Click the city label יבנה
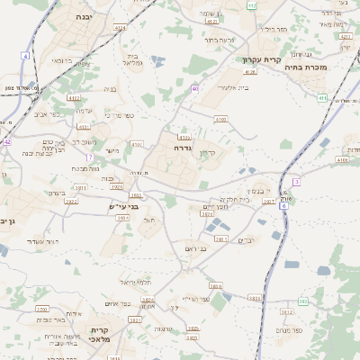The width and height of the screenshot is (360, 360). click(x=83, y=16)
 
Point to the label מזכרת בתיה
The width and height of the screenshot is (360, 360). click(x=329, y=67)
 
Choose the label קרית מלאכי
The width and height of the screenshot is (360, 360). click(x=99, y=336)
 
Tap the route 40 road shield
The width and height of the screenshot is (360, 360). click(x=195, y=88)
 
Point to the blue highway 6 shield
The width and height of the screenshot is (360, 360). click(x=284, y=206)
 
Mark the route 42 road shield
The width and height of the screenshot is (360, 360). click(x=6, y=141)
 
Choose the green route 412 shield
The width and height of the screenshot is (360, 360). click(x=252, y=5)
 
